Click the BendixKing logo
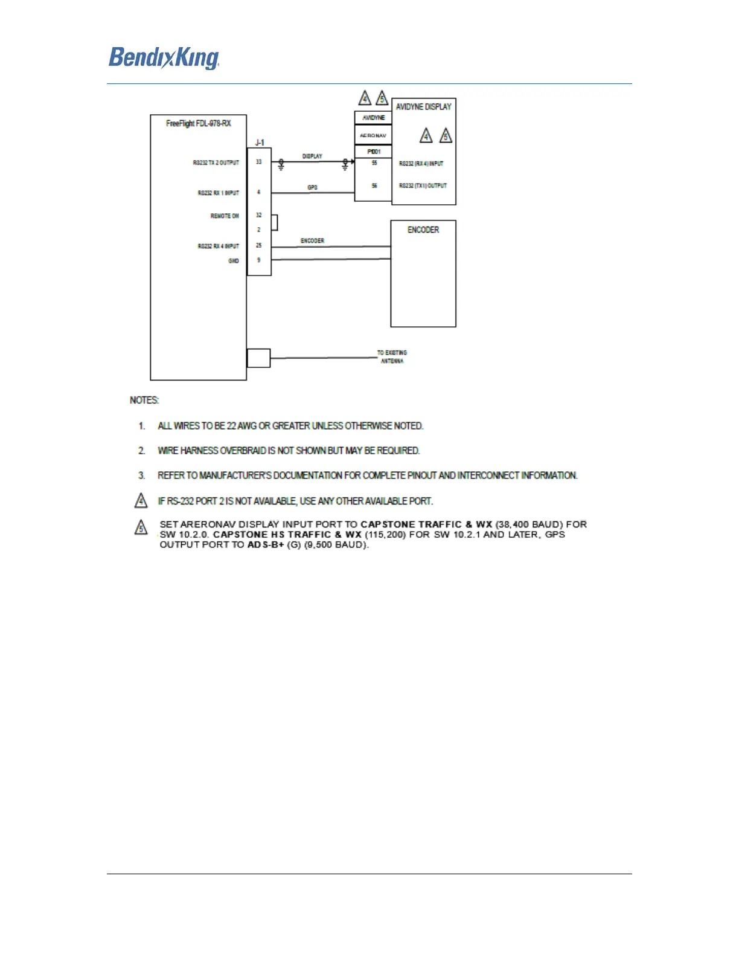[164, 58]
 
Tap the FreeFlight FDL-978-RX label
[198, 123]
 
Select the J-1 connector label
[259, 143]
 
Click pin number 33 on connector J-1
[259, 162]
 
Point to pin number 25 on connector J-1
[259, 245]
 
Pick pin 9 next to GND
[259, 260]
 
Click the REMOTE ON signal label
[225, 216]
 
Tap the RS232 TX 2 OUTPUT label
[216, 163]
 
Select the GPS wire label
[312, 188]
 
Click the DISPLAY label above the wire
[312, 156]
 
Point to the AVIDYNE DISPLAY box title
[423, 107]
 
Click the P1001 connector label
[374, 152]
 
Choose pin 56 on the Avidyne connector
[374, 185]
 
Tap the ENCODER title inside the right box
[423, 230]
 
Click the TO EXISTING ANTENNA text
[392, 356]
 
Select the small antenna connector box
[258, 358]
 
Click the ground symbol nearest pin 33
[281, 165]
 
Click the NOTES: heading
[144, 400]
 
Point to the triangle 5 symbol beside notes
[141, 527]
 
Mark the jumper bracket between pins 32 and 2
[275, 222]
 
